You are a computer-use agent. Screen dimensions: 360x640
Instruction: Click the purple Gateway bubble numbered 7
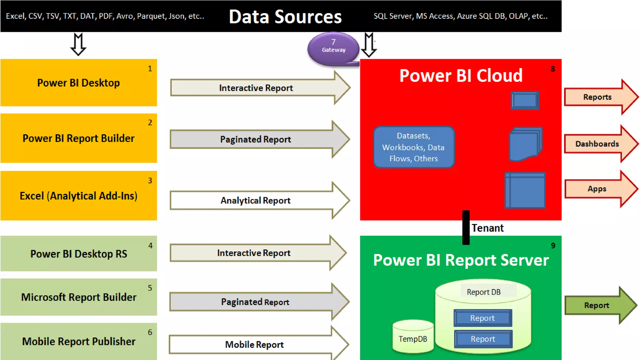tap(333, 48)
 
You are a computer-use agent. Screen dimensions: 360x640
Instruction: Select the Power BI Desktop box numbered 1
tap(78, 83)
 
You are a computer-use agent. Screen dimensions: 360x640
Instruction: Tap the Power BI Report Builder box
tap(78, 138)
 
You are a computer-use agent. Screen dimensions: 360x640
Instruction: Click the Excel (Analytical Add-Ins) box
tap(78, 196)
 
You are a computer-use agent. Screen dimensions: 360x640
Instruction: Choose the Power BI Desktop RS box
tap(78, 253)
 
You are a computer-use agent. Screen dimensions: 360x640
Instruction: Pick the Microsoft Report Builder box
tap(78, 297)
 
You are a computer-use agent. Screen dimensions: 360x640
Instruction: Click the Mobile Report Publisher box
tap(78, 341)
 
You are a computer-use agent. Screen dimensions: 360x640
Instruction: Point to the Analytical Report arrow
tap(256, 200)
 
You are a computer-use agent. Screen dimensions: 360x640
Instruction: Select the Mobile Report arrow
tap(254, 344)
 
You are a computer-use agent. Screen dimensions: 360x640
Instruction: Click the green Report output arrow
tap(597, 305)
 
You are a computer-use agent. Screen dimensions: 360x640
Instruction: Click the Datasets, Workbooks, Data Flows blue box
tap(413, 147)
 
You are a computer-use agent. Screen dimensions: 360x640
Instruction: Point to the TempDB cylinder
tap(413, 337)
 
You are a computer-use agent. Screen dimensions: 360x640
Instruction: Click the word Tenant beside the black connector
tap(487, 228)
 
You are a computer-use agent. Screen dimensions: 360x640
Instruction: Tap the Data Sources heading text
tap(285, 17)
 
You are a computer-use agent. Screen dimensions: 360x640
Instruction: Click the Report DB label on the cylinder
tap(483, 292)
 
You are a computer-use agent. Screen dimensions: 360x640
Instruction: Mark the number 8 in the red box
tap(553, 69)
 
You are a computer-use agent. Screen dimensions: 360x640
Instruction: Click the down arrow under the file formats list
tap(78, 44)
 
